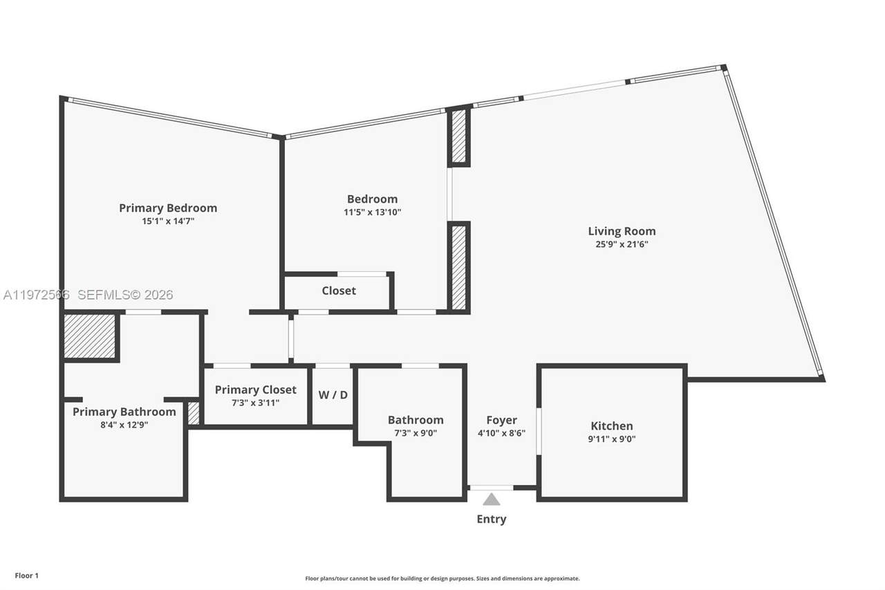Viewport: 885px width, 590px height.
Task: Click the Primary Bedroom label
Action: pyautogui.click(x=168, y=208)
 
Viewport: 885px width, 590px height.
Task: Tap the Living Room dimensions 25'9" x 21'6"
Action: pyautogui.click(x=622, y=244)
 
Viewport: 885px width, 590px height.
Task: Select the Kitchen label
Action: pyautogui.click(x=612, y=425)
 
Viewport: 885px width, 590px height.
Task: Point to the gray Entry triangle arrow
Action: pyautogui.click(x=492, y=499)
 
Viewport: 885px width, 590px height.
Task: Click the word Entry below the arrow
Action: pyautogui.click(x=492, y=519)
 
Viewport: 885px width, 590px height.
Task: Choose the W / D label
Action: pyautogui.click(x=333, y=395)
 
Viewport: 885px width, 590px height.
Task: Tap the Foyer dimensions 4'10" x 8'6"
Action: pyautogui.click(x=501, y=433)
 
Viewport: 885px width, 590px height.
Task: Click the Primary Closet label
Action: pyautogui.click(x=256, y=389)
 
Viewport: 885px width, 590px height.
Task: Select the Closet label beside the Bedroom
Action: pyautogui.click(x=339, y=291)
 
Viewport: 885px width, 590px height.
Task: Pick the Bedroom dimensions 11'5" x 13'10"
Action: pyautogui.click(x=372, y=212)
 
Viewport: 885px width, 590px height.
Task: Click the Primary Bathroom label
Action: pyautogui.click(x=124, y=412)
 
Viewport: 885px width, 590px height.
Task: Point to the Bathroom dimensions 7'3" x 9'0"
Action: pyautogui.click(x=416, y=433)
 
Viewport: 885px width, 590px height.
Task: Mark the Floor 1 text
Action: pyautogui.click(x=27, y=575)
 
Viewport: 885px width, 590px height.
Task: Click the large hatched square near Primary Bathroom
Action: pyautogui.click(x=90, y=336)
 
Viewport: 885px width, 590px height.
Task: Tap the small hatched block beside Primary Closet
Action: pyautogui.click(x=194, y=414)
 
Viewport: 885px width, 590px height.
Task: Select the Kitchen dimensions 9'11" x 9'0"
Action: pyautogui.click(x=612, y=439)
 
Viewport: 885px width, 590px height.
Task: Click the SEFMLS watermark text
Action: pyautogui.click(x=125, y=295)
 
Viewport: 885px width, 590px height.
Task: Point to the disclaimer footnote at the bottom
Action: pyautogui.click(x=442, y=578)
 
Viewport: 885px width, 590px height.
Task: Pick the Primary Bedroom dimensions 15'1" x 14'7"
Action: pyautogui.click(x=168, y=221)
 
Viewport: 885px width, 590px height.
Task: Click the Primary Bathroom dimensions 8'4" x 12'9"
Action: pyautogui.click(x=124, y=425)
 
